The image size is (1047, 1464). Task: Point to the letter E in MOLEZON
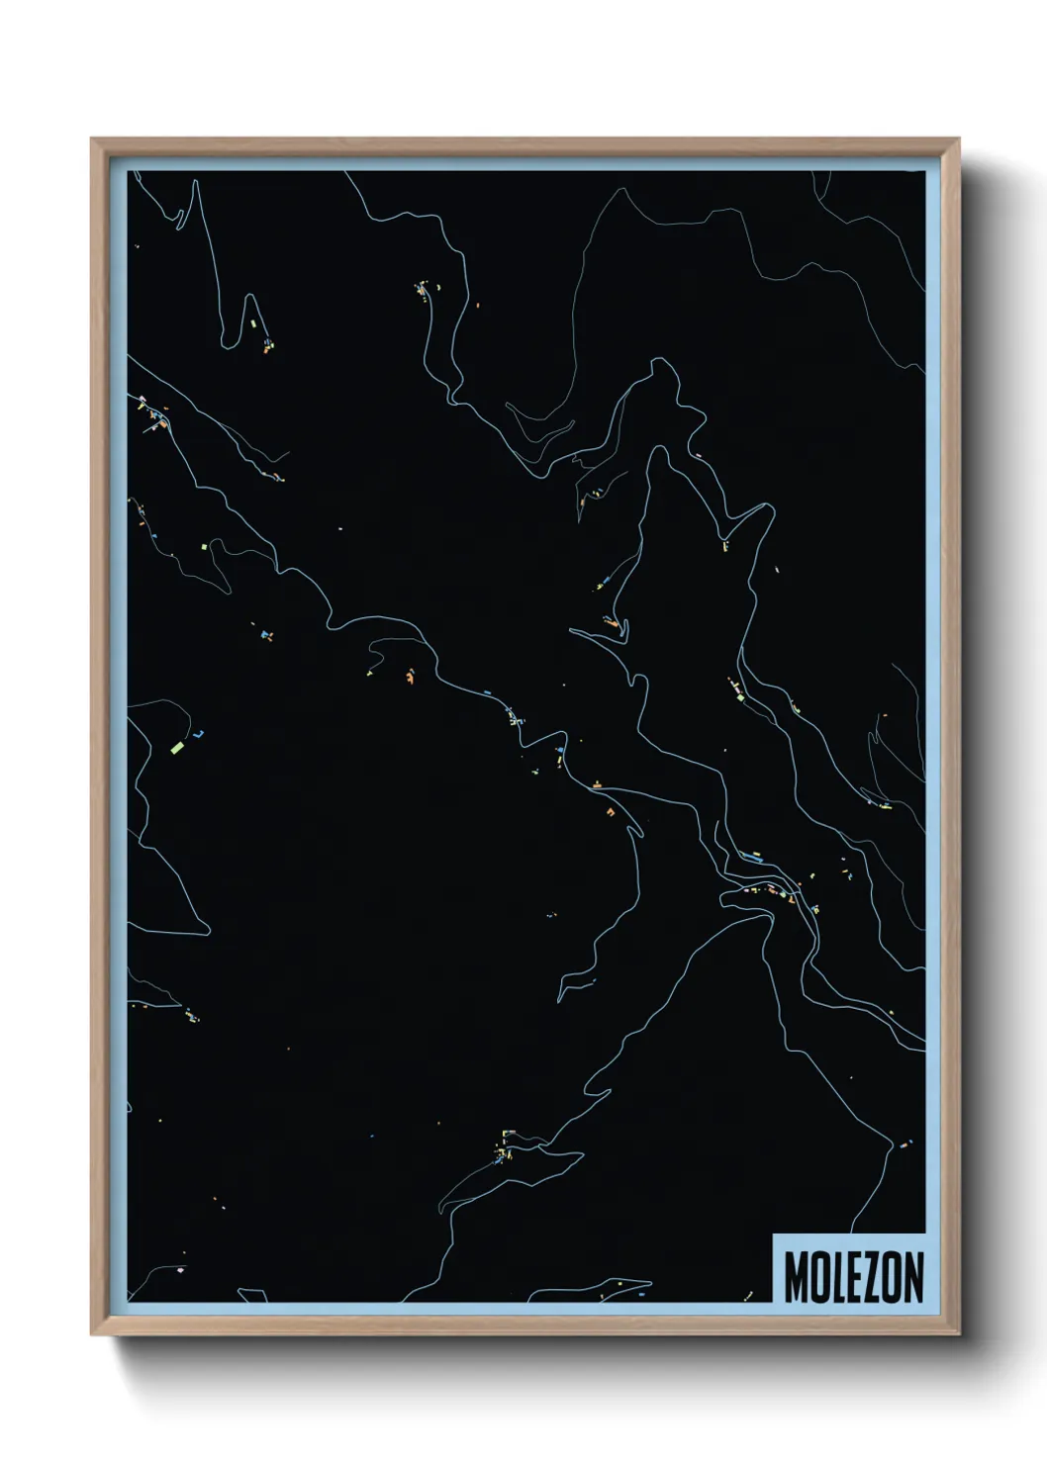click(852, 1277)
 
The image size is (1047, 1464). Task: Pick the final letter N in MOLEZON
click(911, 1277)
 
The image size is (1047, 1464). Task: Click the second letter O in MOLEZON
click(890, 1277)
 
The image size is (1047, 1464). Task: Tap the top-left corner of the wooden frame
click(92, 139)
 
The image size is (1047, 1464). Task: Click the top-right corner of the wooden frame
click(959, 139)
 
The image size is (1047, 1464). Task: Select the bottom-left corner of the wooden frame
click(92, 1334)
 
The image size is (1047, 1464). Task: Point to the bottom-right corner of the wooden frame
click(959, 1334)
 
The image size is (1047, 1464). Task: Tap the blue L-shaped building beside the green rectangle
click(199, 735)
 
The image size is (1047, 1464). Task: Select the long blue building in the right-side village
click(751, 857)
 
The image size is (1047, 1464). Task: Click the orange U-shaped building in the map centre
click(611, 811)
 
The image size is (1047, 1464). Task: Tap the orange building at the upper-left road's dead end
click(267, 347)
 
